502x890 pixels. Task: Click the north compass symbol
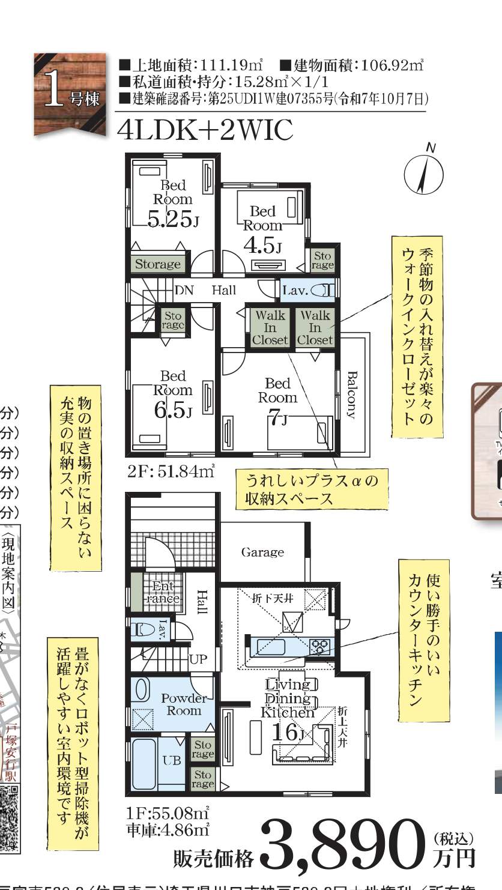(x=424, y=174)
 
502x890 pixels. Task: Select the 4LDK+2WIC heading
(x=207, y=130)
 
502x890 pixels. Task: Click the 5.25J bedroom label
(x=172, y=219)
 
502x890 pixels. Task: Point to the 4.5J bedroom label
(x=262, y=245)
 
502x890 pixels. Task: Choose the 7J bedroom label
(x=277, y=418)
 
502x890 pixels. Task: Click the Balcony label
(x=352, y=395)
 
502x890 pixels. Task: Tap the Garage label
(x=262, y=552)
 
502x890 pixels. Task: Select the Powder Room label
(x=183, y=704)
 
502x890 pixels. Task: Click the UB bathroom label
(x=172, y=760)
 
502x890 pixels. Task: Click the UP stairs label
(x=198, y=658)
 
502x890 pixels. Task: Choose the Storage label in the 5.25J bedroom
(x=157, y=264)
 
